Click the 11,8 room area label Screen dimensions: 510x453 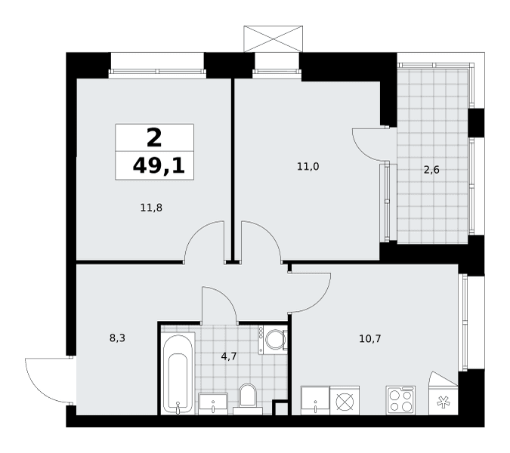click(x=151, y=208)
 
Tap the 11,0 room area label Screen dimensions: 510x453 click(x=308, y=167)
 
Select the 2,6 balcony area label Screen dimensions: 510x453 click(x=431, y=170)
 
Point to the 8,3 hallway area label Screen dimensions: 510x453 click(x=117, y=338)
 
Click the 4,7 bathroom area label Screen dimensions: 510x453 click(x=229, y=356)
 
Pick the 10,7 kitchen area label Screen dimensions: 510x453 click(x=370, y=339)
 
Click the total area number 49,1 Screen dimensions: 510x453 click(x=159, y=166)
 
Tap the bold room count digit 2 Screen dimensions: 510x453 click(x=154, y=137)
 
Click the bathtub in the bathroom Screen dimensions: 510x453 click(x=178, y=374)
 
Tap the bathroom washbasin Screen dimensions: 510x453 click(x=213, y=404)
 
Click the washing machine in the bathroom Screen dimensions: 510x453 click(x=273, y=340)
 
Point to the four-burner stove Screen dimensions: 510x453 click(x=400, y=400)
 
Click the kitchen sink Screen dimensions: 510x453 click(x=315, y=400)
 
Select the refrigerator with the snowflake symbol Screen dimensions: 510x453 click(x=444, y=393)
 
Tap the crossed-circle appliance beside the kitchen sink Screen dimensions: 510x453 click(x=345, y=400)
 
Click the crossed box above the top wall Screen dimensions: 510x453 click(x=274, y=39)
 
